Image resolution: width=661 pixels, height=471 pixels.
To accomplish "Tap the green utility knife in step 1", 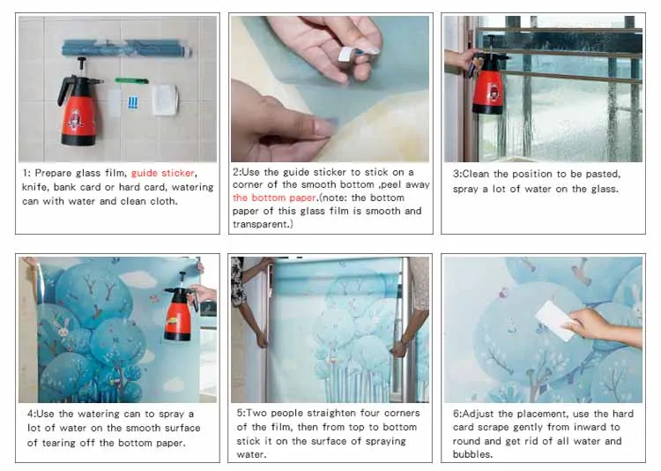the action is tap(131, 80).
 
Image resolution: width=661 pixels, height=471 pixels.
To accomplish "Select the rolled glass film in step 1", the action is tap(126, 49).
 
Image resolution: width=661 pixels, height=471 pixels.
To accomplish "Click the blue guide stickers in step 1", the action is tap(133, 102).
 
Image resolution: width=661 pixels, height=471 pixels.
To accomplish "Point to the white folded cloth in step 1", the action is tap(165, 100).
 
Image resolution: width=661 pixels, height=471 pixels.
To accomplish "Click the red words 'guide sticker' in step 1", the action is tap(163, 173).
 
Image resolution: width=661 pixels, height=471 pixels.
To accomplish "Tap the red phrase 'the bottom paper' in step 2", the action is tap(274, 198).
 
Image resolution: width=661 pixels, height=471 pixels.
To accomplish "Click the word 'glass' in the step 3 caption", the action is tap(605, 189).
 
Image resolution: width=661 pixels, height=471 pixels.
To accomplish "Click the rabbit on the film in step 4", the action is tap(63, 327).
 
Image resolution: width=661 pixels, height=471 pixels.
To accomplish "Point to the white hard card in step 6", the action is tap(554, 319).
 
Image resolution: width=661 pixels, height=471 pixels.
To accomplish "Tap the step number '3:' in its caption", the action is tap(457, 174).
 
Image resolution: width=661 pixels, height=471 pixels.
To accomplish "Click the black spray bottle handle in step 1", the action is tap(64, 90).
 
